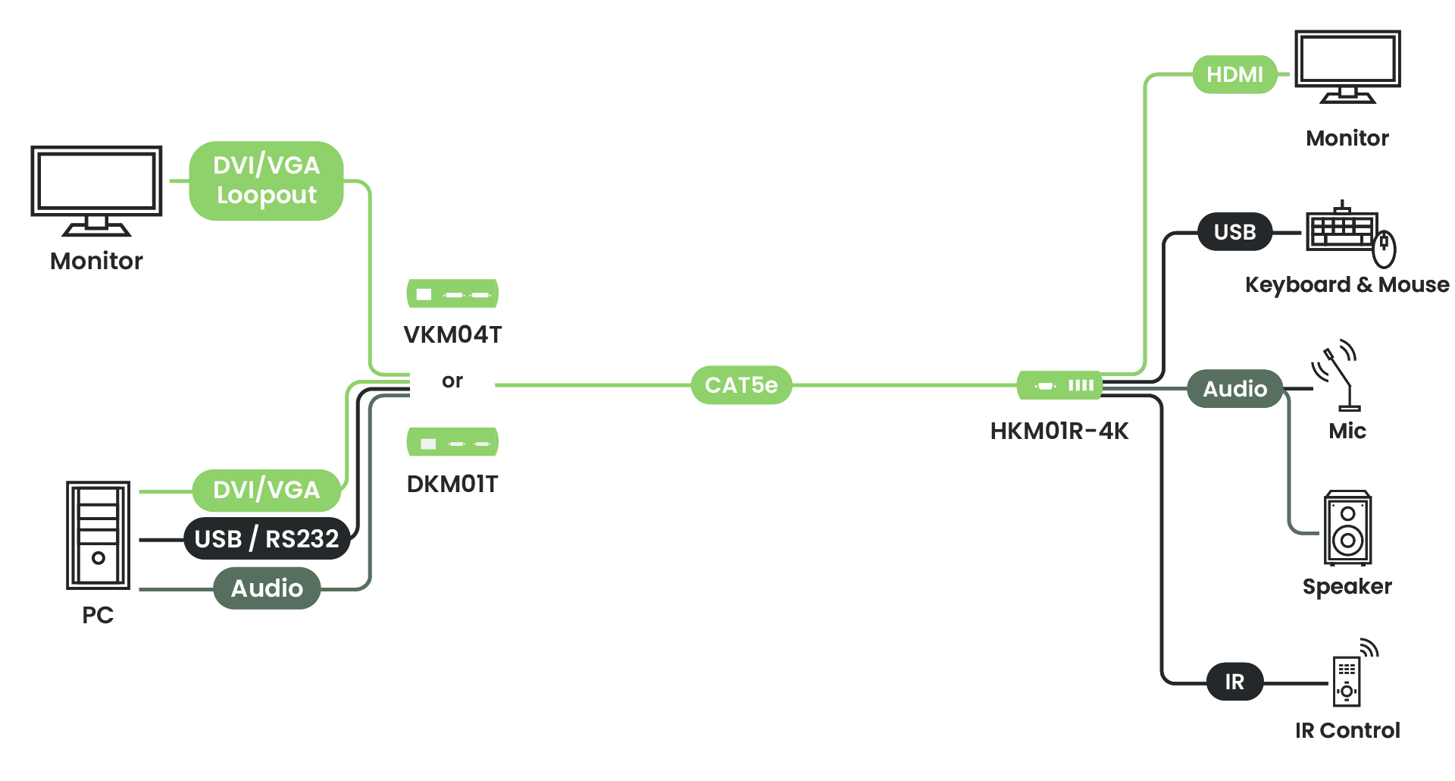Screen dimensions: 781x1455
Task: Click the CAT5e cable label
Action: click(741, 385)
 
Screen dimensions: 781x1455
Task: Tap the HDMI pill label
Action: click(1234, 74)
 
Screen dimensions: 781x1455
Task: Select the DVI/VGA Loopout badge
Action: click(266, 180)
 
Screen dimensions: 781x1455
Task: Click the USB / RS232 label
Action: click(266, 538)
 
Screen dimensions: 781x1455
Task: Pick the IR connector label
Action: click(1234, 682)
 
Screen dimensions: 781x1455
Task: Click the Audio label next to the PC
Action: click(266, 588)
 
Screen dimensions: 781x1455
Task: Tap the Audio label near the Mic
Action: click(1234, 388)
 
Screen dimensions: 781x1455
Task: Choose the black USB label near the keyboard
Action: click(1234, 231)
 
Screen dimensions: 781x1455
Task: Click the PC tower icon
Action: click(98, 535)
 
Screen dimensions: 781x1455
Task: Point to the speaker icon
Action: click(1347, 528)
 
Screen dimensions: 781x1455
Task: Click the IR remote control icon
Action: click(1347, 679)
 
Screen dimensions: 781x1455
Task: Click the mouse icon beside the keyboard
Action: click(1385, 249)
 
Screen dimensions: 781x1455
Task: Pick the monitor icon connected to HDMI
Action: click(1347, 65)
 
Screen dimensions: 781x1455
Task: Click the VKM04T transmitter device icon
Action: click(452, 293)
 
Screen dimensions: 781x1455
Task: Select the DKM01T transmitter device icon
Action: click(452, 442)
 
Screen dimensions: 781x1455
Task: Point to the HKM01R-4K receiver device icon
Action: click(1059, 385)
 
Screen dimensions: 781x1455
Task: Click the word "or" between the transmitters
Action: click(452, 381)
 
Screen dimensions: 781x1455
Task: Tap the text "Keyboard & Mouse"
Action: click(1347, 284)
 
